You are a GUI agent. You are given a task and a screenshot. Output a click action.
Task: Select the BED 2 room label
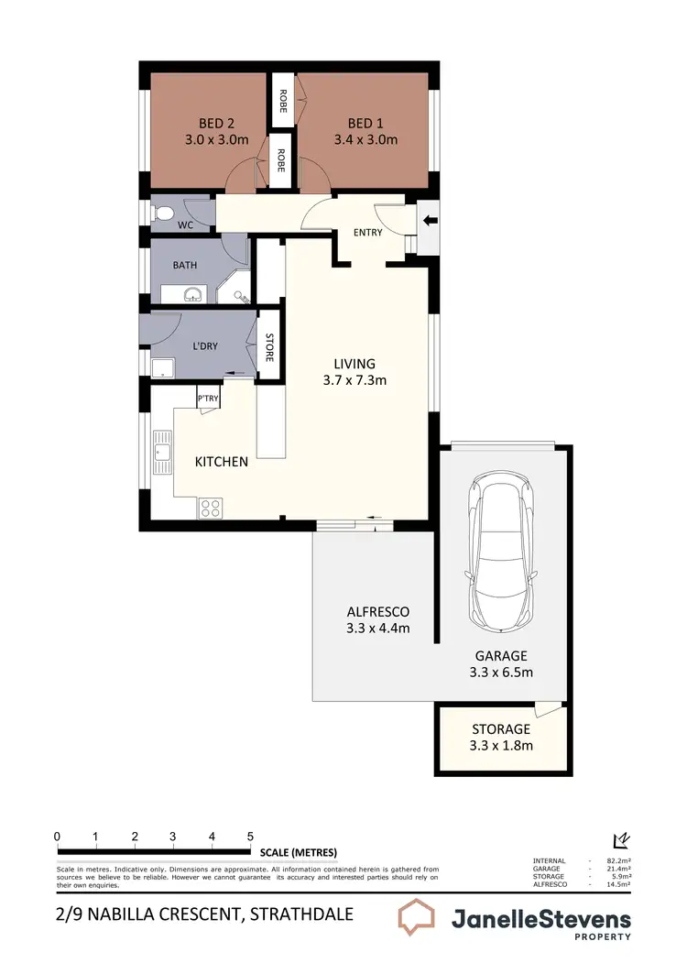(216, 124)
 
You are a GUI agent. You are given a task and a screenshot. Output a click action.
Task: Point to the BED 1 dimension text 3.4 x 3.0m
(372, 140)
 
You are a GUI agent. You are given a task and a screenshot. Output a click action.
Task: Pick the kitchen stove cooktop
(210, 507)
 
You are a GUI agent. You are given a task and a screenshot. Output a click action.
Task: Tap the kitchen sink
(164, 453)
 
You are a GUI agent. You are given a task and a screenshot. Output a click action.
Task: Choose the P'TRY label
(208, 399)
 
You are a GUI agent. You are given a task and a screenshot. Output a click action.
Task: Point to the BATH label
(185, 266)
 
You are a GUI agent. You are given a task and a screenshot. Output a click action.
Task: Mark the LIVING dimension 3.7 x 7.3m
(355, 378)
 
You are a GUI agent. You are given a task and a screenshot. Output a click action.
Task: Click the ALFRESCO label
(377, 612)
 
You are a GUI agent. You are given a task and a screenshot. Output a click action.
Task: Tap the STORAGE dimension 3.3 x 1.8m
(501, 745)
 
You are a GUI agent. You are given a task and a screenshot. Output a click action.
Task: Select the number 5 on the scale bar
(250, 837)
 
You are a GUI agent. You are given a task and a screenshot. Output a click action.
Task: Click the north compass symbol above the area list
(620, 840)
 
